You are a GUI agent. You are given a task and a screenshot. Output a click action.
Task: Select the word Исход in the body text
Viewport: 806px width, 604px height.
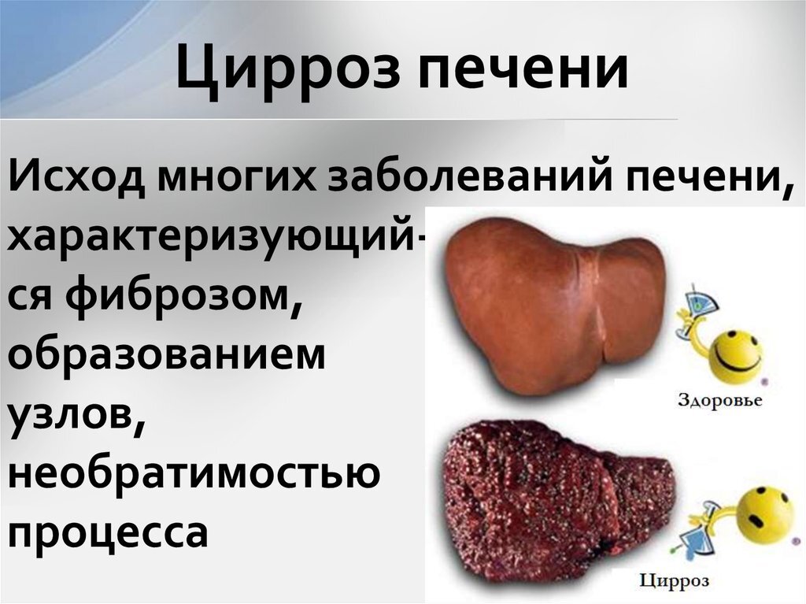click(x=78, y=178)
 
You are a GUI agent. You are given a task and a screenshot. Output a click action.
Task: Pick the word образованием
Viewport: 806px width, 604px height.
click(x=166, y=348)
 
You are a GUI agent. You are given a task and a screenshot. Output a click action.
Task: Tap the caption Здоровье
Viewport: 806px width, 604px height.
click(x=720, y=400)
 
